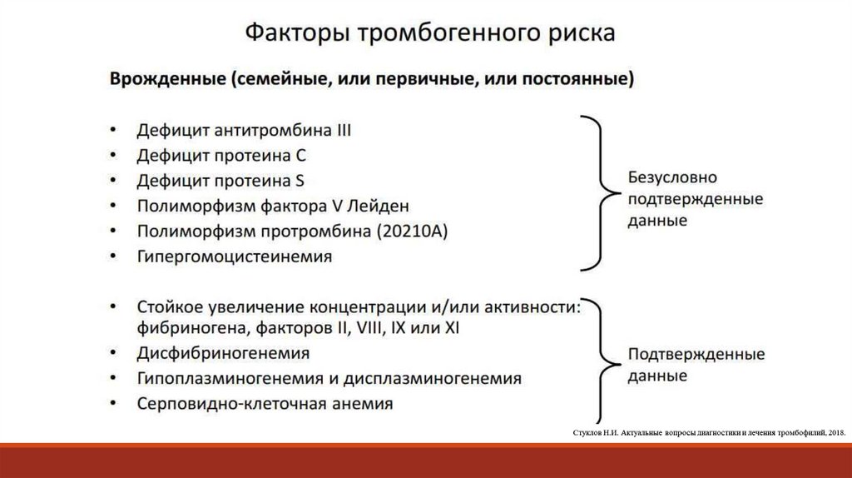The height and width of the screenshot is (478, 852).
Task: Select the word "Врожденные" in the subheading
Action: pyautogui.click(x=168, y=80)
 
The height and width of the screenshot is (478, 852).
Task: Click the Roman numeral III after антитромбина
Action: pyautogui.click(x=340, y=131)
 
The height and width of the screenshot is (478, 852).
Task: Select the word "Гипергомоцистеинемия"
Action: pyautogui.click(x=235, y=256)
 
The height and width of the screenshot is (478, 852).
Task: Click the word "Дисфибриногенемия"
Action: pyautogui.click(x=224, y=353)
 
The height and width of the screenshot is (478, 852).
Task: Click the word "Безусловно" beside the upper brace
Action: pyautogui.click(x=672, y=178)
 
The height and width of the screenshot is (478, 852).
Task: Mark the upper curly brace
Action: pyautogui.click(x=598, y=192)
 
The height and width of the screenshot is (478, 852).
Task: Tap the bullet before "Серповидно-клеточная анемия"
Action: pyautogui.click(x=112, y=404)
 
